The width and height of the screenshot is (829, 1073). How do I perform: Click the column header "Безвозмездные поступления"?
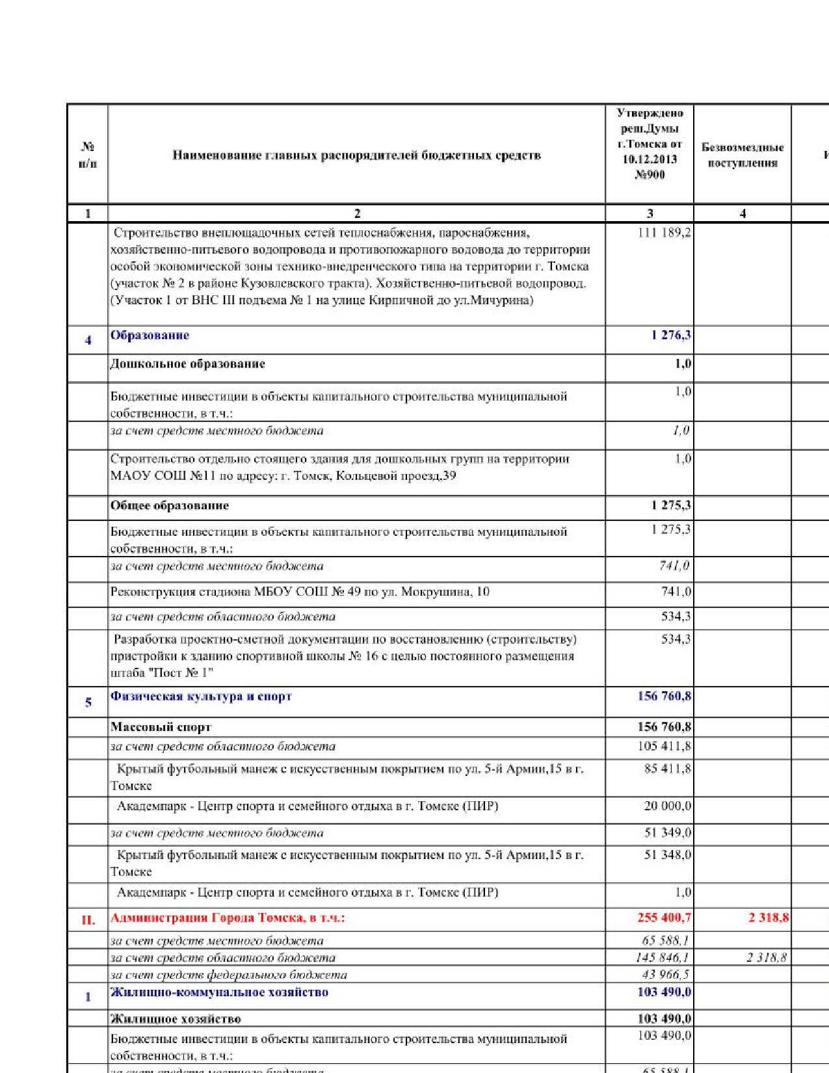point(742,155)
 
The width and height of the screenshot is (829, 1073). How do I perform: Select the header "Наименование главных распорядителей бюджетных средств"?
point(356,155)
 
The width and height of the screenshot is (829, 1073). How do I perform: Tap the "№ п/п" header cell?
point(88,155)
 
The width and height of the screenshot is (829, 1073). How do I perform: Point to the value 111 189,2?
point(664,233)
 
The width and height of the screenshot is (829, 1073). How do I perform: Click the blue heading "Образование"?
point(150,336)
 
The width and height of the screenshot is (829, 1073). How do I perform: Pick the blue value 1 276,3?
point(671,336)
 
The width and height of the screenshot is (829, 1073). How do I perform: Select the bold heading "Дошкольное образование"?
point(187,364)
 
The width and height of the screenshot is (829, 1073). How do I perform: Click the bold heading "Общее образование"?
point(169,506)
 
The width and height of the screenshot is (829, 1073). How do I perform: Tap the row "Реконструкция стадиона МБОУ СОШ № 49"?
point(300,592)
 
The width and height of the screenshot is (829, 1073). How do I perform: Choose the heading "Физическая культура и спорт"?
point(201,696)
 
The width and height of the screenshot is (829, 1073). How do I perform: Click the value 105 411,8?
point(664,747)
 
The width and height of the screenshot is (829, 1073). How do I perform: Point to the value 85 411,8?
point(667,769)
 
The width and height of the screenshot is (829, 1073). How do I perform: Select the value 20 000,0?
point(667,806)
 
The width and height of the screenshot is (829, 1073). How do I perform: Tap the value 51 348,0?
point(667,855)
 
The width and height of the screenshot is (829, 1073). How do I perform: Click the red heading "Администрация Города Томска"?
point(227,918)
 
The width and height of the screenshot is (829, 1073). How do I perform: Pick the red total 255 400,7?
point(664,918)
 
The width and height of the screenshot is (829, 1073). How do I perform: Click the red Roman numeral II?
point(88,920)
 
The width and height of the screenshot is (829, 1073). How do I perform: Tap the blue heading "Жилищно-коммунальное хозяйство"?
point(219,992)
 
